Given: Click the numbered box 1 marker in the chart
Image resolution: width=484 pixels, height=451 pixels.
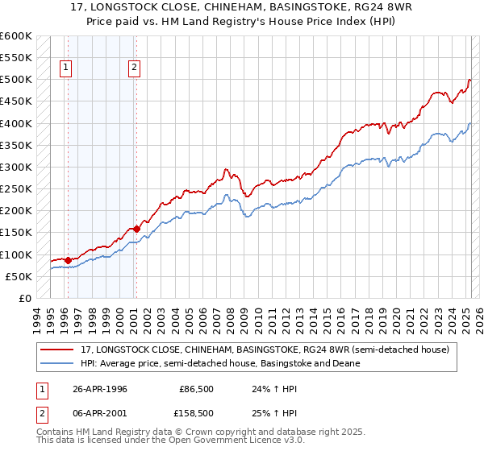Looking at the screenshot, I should tap(65, 68).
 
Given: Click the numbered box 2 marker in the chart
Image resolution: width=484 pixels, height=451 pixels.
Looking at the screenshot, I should tap(134, 68).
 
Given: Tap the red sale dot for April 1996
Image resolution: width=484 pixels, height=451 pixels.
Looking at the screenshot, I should tap(68, 260).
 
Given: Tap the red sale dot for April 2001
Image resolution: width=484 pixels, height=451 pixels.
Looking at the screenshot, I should tap(136, 229).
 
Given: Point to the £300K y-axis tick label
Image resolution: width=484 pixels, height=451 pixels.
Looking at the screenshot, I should tap(16, 168).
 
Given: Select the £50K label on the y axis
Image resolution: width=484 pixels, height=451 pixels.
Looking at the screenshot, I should tap(19, 277).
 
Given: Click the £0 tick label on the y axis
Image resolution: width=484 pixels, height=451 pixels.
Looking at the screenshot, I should tap(24, 299).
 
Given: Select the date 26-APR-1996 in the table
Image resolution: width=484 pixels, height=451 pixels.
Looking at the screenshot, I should tap(101, 389).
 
